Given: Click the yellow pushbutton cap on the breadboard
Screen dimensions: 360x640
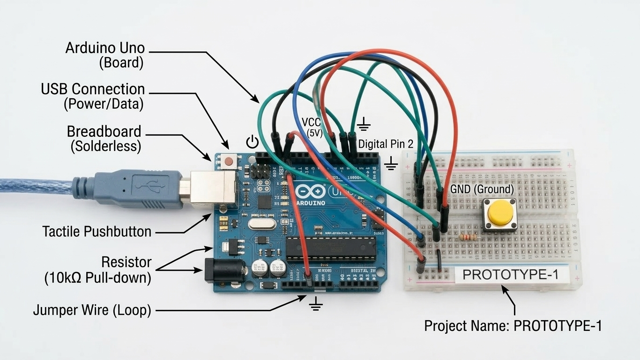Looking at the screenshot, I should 500,213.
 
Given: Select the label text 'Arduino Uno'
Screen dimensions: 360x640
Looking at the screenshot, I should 105,48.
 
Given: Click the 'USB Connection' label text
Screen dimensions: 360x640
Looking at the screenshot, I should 93,89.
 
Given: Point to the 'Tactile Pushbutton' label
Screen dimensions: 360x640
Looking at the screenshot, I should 97,231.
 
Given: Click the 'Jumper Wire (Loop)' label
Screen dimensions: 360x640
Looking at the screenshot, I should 92,310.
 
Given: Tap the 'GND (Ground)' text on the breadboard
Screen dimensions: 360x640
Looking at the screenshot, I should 482,189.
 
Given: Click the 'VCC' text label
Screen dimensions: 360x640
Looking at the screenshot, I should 312,123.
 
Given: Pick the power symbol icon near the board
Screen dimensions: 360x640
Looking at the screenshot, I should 252,141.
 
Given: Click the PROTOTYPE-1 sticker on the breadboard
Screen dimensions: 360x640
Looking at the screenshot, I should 510,275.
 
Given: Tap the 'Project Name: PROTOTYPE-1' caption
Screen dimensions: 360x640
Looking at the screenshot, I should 513,326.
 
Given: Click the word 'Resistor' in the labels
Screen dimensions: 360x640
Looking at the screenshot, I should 127,262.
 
